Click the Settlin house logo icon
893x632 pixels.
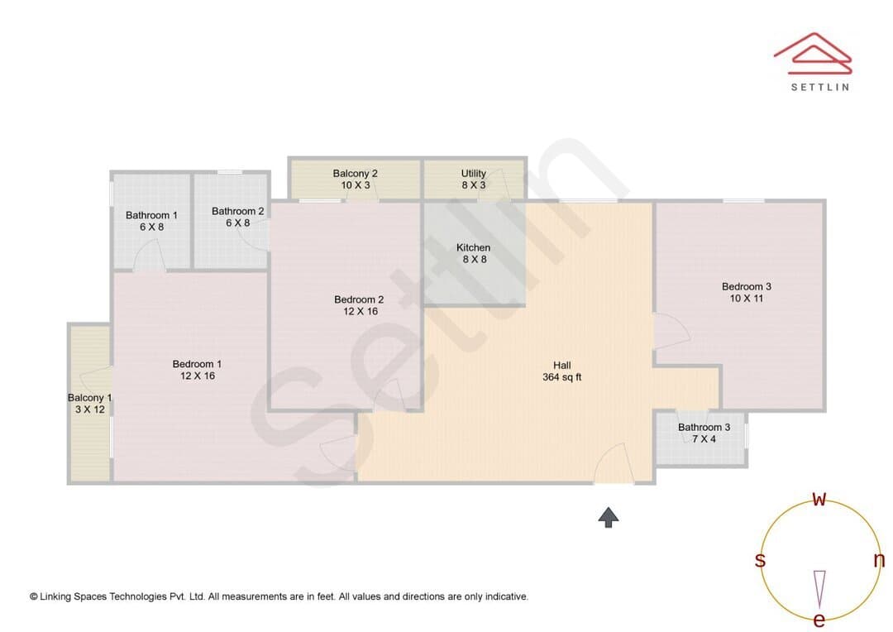813,54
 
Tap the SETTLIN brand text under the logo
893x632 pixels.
820,87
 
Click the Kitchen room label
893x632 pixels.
473,247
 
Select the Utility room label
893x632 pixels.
473,173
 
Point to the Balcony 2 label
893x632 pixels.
356,173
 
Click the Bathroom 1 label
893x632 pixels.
151,215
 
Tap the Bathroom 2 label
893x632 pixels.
237,212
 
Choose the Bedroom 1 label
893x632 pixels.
197,364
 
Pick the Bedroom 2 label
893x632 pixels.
359,299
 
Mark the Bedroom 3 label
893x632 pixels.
747,287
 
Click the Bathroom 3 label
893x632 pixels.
704,428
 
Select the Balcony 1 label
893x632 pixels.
89,398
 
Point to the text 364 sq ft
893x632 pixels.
562,377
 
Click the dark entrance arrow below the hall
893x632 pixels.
609,518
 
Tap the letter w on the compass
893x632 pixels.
819,499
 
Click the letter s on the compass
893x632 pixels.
760,560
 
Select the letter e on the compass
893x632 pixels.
819,620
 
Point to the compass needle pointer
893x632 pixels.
819,589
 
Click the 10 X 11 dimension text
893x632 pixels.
747,299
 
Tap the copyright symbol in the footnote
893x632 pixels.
34,596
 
